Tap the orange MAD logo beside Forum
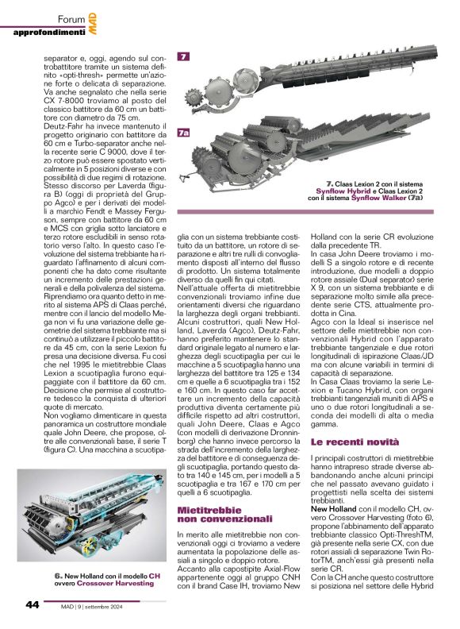pyautogui.click(x=93, y=17)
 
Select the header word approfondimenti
pyautogui.click(x=49, y=32)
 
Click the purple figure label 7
pyautogui.click(x=182, y=57)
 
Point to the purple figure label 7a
pyautogui.click(x=184, y=133)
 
